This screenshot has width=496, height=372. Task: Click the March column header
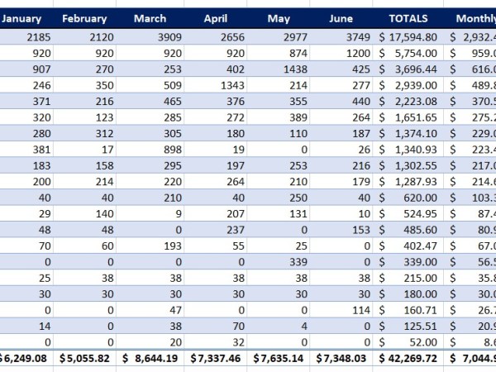click(x=150, y=18)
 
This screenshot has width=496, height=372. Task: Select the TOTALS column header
click(x=413, y=18)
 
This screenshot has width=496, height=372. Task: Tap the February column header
click(x=84, y=18)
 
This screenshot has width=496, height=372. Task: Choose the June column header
click(x=341, y=18)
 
